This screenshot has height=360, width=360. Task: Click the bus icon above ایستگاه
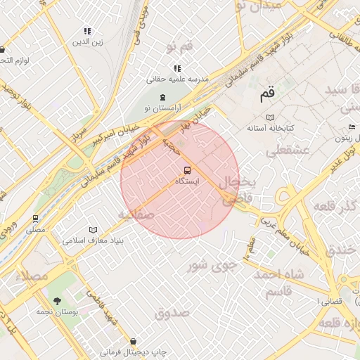[187, 170]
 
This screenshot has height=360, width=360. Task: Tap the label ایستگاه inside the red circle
[187, 181]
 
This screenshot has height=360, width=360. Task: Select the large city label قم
[268, 92]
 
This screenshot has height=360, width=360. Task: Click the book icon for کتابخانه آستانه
[271, 117]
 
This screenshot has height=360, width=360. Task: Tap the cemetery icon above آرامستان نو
[163, 97]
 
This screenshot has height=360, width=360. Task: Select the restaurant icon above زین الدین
[88, 31]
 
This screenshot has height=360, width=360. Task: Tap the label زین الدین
[88, 41]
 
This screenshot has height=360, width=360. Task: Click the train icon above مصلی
[35, 219]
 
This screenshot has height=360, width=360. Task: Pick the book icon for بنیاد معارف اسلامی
[94, 230]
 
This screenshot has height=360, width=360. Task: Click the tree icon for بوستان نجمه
[57, 300]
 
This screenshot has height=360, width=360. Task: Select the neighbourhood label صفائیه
[136, 214]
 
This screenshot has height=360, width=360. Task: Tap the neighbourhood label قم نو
[180, 47]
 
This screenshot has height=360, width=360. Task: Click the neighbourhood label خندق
[344, 250]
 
